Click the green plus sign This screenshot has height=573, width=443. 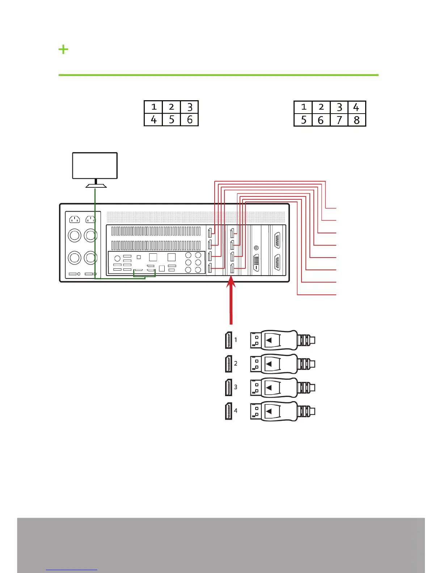tap(63, 49)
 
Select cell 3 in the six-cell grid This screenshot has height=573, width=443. tap(189, 107)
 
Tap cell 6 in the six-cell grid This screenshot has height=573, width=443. tap(189, 120)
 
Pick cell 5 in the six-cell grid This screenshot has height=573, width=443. tap(172, 120)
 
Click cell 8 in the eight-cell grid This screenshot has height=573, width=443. tap(356, 120)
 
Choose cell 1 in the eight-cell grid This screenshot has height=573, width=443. tap(303, 107)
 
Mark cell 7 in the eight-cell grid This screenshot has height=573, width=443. tap(339, 120)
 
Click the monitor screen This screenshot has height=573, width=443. tap(95, 165)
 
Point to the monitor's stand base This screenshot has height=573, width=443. tap(96, 186)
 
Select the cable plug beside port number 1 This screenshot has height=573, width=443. tap(282, 340)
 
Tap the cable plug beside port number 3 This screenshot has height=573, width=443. tap(282, 387)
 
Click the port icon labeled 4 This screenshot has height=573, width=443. tap(228, 411)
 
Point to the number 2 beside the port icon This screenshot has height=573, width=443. tap(236, 363)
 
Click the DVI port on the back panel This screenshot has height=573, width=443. tap(256, 262)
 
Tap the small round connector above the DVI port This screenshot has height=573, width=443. tap(256, 248)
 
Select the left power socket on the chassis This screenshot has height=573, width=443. tap(75, 219)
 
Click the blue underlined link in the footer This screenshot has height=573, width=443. tap(72, 569)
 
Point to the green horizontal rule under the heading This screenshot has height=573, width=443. tap(219, 75)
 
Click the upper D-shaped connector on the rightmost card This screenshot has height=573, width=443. tap(278, 240)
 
